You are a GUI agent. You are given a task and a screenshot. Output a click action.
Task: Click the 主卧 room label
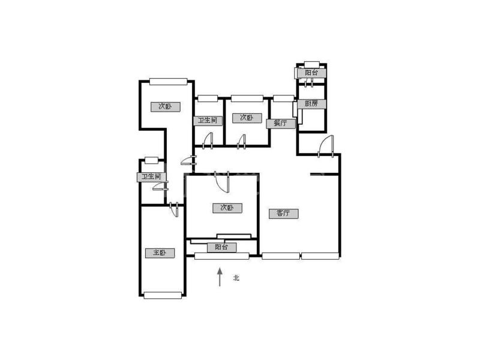click(x=160, y=253)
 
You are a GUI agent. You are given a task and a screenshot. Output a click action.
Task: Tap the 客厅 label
click(x=283, y=214)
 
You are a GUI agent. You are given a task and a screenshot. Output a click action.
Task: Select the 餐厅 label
click(x=281, y=124)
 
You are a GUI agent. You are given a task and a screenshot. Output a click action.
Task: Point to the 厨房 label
click(x=311, y=103)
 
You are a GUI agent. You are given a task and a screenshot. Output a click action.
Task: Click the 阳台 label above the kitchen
click(x=311, y=73)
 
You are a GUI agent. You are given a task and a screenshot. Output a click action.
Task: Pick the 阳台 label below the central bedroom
click(x=221, y=247)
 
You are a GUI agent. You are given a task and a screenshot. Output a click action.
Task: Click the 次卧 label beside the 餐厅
click(x=247, y=118)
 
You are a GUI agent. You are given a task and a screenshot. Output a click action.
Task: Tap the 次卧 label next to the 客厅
click(x=227, y=208)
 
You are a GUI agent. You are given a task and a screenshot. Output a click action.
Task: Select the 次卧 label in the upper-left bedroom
click(x=166, y=107)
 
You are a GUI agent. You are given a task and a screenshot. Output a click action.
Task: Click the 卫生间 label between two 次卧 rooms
click(x=208, y=121)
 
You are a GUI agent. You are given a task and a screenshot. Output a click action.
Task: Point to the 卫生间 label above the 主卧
click(x=152, y=177)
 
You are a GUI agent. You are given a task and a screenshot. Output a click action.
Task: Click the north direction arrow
click(x=220, y=277)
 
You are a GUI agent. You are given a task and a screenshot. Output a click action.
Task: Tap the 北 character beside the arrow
click(x=236, y=278)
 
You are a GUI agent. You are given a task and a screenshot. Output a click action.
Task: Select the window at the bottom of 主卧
click(x=163, y=295)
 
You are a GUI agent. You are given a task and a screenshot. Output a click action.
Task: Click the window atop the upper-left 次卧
click(x=169, y=82)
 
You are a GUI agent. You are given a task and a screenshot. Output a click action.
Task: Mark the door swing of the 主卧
click(x=174, y=210)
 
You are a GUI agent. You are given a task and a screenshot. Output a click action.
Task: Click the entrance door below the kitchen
click(x=326, y=146)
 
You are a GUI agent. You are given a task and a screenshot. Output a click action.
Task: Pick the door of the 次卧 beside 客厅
click(x=222, y=182)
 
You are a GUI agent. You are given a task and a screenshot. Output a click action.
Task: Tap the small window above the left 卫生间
click(x=152, y=160)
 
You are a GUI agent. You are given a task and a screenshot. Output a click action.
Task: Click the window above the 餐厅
click(x=284, y=98)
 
